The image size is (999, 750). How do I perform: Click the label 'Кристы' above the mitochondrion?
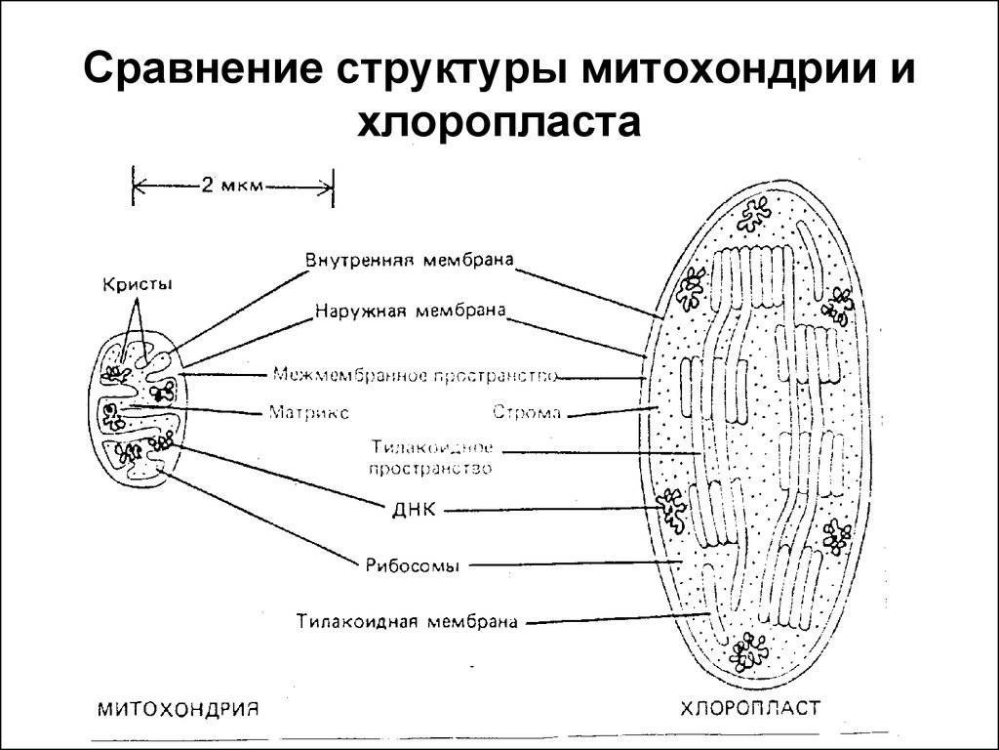point(138,284)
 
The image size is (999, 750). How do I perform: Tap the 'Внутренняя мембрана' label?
point(409,260)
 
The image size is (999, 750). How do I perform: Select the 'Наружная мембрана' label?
point(411,312)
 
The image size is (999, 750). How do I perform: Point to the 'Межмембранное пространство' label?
point(415,375)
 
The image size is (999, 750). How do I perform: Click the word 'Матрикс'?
point(308,413)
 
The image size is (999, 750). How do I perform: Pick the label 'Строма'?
point(527,413)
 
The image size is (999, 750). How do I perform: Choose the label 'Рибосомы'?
point(413,565)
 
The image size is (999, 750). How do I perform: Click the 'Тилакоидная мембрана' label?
point(407,622)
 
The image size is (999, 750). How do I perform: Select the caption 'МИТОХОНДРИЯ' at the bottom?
point(179,709)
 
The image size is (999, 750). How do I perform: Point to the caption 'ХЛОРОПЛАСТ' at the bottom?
point(750,708)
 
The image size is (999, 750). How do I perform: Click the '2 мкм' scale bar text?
point(232,186)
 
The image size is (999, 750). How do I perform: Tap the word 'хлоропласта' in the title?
point(499,122)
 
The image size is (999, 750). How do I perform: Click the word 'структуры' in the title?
point(452,70)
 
